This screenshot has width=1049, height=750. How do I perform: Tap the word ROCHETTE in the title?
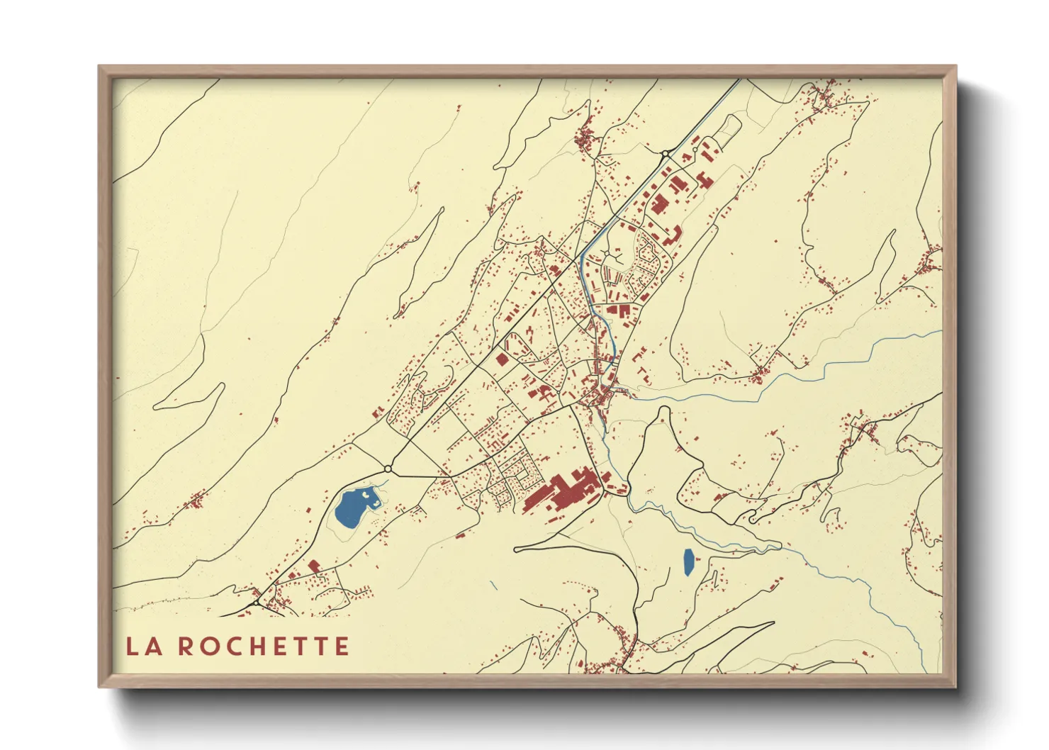pyautogui.click(x=263, y=647)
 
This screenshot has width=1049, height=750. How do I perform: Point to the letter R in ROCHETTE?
pyautogui.click(x=185, y=647)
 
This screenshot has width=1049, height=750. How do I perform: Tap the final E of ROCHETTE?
pyautogui.click(x=342, y=647)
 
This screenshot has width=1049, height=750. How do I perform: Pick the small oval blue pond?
pyautogui.click(x=688, y=561)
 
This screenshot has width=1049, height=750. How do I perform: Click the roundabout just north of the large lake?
pyautogui.click(x=388, y=469)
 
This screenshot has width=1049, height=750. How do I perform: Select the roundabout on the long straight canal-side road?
pyautogui.click(x=666, y=153)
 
